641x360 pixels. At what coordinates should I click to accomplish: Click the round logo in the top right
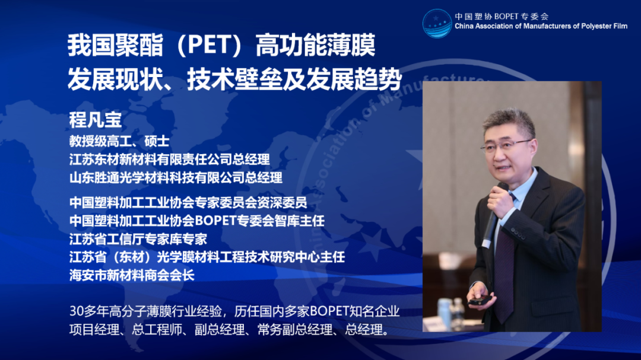tap(437, 23)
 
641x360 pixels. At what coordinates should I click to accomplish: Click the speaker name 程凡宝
tap(95, 120)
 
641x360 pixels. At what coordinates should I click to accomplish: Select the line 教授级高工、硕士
tap(119, 141)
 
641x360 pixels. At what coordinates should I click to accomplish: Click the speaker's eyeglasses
tap(506, 145)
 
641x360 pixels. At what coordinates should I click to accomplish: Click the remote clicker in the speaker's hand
tap(480, 300)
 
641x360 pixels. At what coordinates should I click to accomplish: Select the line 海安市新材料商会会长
tap(132, 275)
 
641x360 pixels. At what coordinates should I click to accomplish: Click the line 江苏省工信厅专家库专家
tap(138, 238)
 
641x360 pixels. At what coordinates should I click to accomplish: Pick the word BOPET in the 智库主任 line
tap(215, 221)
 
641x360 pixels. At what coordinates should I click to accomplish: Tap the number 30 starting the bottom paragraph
tap(77, 311)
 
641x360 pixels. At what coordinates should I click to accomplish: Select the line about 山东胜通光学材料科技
tap(176, 177)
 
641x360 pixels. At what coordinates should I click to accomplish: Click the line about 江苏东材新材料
tap(169, 160)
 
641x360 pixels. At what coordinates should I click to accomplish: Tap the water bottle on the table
tap(443, 313)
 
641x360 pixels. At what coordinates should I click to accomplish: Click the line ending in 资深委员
tap(188, 202)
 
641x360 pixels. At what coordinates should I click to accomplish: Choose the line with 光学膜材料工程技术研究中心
tap(207, 257)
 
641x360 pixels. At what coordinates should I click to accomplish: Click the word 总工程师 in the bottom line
tap(157, 329)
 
